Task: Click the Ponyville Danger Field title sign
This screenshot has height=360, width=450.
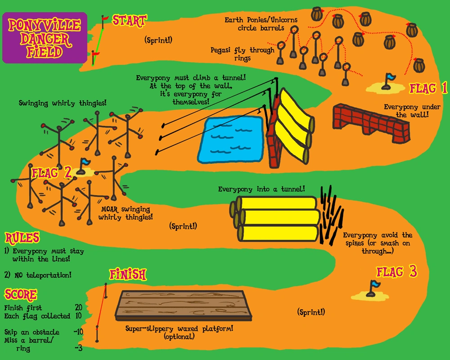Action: coord(44,37)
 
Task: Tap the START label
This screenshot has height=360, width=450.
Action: coord(129,20)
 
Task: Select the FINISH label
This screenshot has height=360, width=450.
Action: coord(128,274)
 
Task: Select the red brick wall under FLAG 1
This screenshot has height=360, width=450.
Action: coord(371,123)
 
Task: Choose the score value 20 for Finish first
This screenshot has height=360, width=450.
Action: coord(78,308)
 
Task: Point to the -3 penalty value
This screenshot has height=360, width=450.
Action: coord(78,348)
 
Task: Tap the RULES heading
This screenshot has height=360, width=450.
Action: coord(22,238)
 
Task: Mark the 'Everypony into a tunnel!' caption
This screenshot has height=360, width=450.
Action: coord(262,189)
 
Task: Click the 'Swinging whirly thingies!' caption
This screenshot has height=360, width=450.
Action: coord(63,103)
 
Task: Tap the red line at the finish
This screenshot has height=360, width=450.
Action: coord(101,310)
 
